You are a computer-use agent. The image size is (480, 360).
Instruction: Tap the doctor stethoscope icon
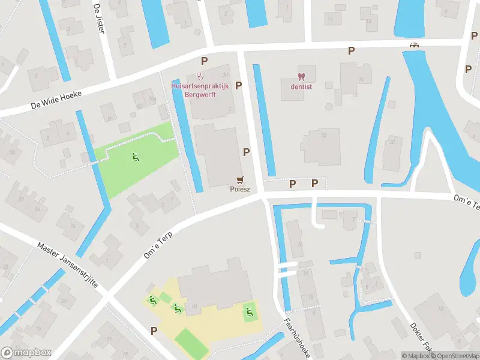200,76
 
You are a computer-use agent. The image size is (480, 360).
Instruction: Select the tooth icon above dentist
301,76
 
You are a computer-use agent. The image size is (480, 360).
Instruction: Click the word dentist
301,86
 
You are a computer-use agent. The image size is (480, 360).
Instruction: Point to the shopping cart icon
241,179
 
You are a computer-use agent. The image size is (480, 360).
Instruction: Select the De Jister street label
99,18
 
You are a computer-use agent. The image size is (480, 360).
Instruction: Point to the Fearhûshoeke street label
296,338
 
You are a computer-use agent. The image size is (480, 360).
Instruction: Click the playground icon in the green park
136,158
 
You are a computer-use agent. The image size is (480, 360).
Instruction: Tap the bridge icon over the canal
413,45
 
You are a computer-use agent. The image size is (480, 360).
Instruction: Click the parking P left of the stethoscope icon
205,61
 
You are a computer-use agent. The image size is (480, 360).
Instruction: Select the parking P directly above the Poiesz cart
246,152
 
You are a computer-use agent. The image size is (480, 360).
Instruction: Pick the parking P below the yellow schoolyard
154,331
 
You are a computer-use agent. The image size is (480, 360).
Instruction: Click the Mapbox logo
26,353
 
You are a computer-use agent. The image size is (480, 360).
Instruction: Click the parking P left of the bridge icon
351,52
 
